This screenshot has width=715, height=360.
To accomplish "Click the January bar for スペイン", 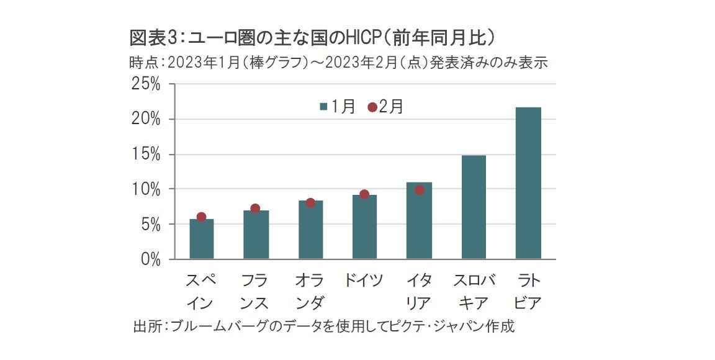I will coord(201,240).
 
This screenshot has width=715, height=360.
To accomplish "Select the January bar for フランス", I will coord(256,235).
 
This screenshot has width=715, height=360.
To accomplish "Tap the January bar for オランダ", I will coord(310,230).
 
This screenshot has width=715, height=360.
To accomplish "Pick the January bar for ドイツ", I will coord(364,227).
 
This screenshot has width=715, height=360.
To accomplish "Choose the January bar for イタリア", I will coord(419,222).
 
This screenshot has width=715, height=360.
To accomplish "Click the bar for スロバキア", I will coord(474,207).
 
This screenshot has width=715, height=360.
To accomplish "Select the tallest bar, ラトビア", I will coord(528,183).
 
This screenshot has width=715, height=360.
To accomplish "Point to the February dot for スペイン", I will coord(201,217).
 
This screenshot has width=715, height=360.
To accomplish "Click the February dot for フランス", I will coord(255,209).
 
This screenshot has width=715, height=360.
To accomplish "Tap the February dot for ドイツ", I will coord(364,194).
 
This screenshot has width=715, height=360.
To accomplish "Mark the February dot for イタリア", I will coord(419,190).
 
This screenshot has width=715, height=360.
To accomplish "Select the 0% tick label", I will coord(150,259).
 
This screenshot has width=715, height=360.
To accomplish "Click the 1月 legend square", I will coord(323,107).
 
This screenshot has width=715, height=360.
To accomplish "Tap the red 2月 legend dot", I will coord(372,107).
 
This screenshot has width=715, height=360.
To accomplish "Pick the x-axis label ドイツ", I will coord(364,281).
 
